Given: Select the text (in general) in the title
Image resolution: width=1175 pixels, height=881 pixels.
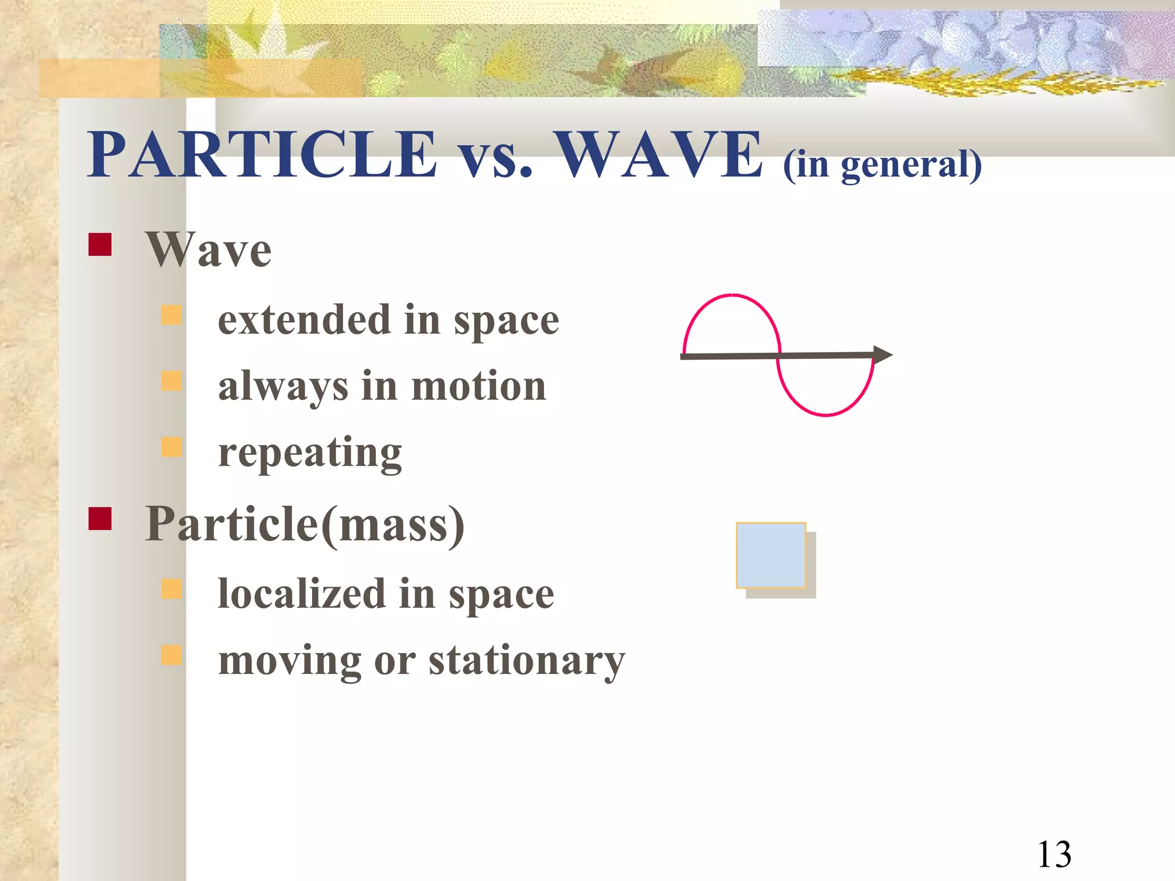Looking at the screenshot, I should pyautogui.click(x=882, y=165).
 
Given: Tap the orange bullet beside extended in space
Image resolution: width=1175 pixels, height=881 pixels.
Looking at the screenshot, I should pyautogui.click(x=172, y=315).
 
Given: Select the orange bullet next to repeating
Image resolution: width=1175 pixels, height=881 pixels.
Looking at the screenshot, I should pyautogui.click(x=172, y=447).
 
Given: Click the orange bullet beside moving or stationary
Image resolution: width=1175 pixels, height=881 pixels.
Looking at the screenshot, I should pyautogui.click(x=172, y=654).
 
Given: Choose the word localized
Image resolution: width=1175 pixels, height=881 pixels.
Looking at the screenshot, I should pyautogui.click(x=302, y=594).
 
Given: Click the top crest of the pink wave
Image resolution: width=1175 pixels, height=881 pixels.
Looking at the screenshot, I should pyautogui.click(x=732, y=296).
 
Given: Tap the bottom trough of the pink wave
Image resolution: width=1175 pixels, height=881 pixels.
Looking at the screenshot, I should pyautogui.click(x=825, y=414).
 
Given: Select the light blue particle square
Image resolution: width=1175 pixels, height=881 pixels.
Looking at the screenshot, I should pyautogui.click(x=771, y=555).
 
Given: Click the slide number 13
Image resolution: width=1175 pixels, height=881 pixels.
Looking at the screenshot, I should pyautogui.click(x=1054, y=855).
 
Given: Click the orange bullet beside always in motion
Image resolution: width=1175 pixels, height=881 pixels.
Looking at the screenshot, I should pyautogui.click(x=172, y=381).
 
